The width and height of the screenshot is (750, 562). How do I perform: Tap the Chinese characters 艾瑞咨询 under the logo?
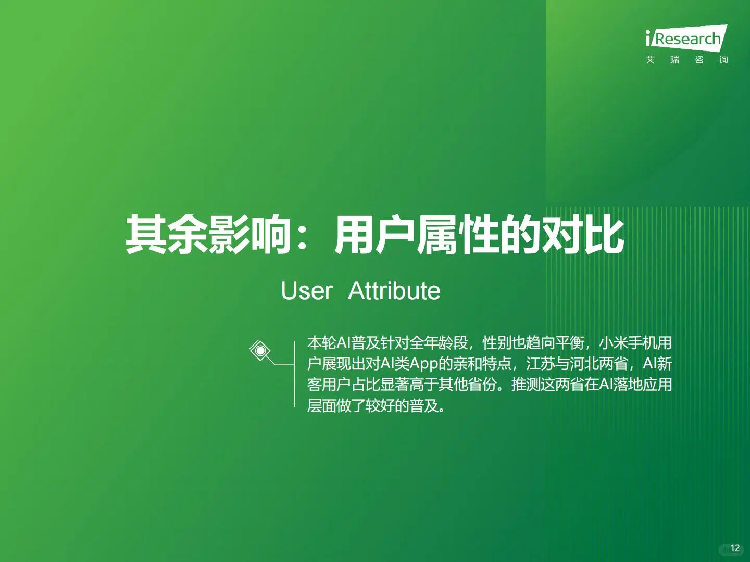(x=686, y=60)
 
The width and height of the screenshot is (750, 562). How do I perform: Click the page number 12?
(x=735, y=548)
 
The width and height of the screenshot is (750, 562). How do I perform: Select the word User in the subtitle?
(x=306, y=291)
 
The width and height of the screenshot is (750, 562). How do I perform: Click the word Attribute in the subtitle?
(x=394, y=291)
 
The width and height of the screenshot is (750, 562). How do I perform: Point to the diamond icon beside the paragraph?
(x=260, y=351)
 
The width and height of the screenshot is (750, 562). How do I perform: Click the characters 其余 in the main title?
(x=166, y=235)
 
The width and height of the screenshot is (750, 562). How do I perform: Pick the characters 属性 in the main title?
(x=458, y=235)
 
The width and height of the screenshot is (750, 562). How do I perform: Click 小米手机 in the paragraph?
(x=628, y=343)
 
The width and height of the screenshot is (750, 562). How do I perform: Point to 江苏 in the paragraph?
(x=541, y=364)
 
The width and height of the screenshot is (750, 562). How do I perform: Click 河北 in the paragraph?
(x=584, y=364)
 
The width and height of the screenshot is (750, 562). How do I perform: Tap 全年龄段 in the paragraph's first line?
(x=439, y=343)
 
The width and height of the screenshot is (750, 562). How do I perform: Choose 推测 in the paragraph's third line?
(x=526, y=385)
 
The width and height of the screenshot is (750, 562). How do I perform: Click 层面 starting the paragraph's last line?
(x=321, y=405)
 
